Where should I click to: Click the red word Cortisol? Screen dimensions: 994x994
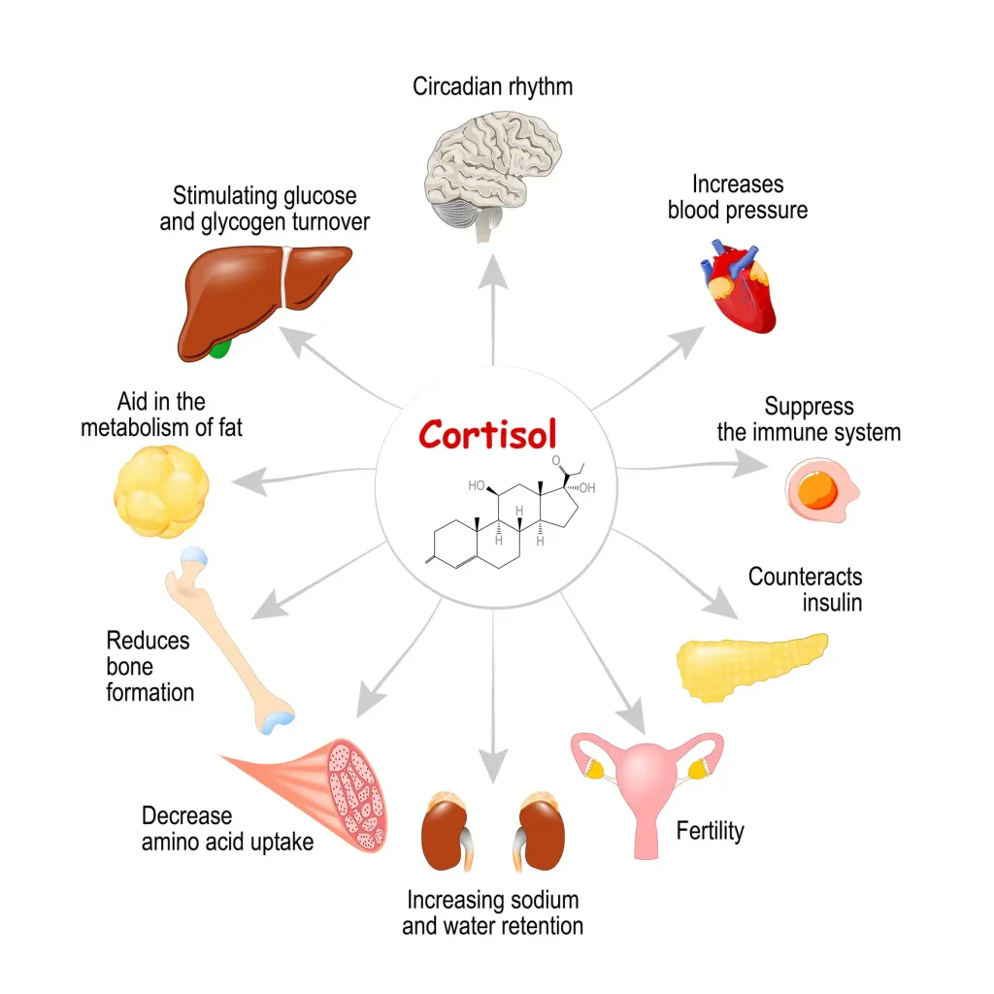click(487, 433)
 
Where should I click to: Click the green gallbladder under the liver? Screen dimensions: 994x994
click(220, 347)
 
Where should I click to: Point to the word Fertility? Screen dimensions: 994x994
click(710, 831)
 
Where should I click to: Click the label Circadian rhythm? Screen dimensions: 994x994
click(492, 86)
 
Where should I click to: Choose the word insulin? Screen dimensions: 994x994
click(832, 602)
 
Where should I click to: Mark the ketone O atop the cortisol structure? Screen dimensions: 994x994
click(557, 460)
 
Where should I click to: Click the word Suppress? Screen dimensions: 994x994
click(809, 406)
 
